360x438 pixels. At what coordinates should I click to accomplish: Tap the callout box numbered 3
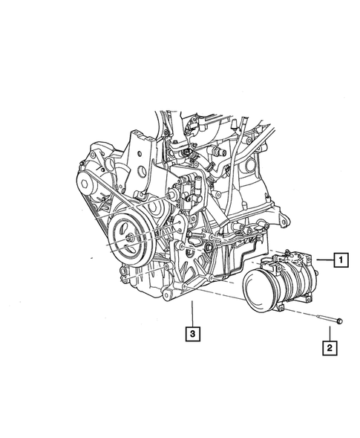(192, 335)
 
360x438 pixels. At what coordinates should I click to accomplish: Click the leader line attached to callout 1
(324, 260)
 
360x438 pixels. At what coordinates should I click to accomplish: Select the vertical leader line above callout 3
(192, 313)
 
